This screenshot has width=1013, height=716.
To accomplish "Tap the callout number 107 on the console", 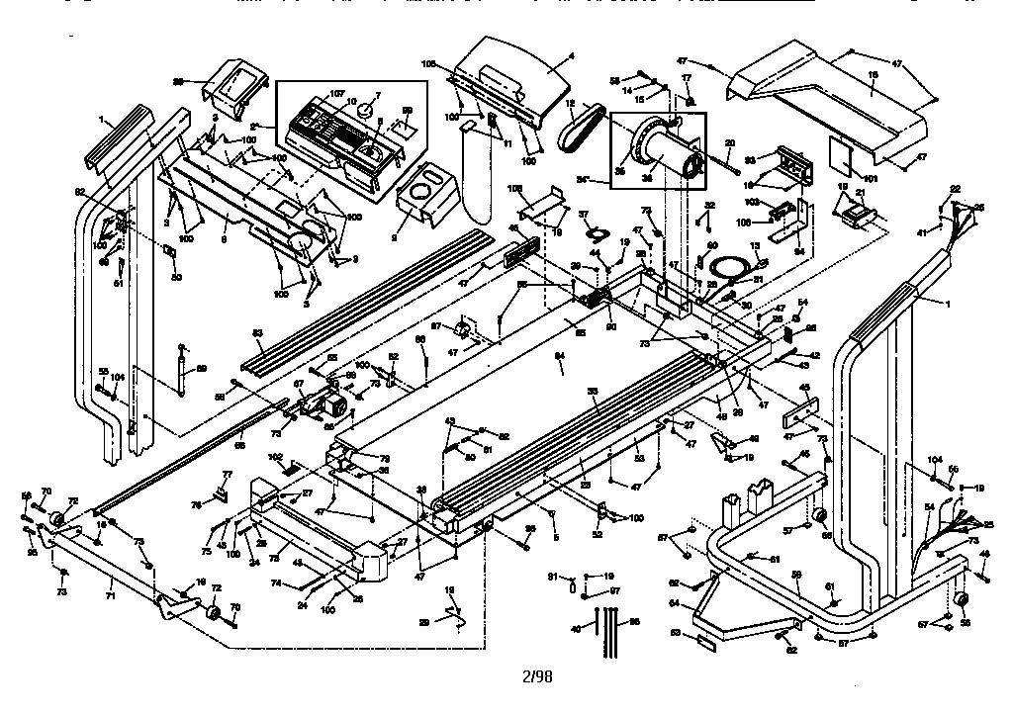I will [x=337, y=94].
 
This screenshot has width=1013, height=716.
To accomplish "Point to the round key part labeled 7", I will [x=367, y=112].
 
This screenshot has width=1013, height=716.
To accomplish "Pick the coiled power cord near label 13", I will [x=733, y=266].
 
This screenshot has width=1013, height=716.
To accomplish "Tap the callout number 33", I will [x=593, y=394].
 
